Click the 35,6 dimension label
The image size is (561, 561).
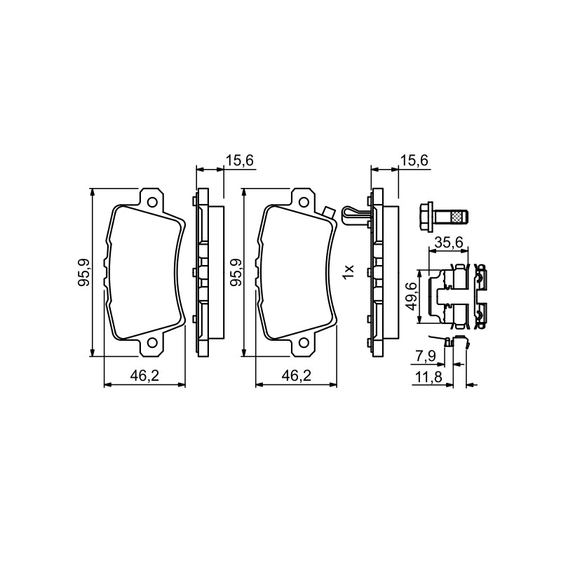point(449,243)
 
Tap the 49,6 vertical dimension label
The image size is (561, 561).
point(411,296)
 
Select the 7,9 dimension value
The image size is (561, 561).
point(425,356)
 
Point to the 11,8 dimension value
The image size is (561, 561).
point(428,377)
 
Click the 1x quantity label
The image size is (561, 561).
point(348,272)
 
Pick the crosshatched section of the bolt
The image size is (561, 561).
point(457,217)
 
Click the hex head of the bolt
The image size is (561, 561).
point(426,217)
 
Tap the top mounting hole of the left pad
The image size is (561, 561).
point(152,202)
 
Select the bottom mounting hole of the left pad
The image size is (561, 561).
point(152,343)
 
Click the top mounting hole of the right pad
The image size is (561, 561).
point(304,202)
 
